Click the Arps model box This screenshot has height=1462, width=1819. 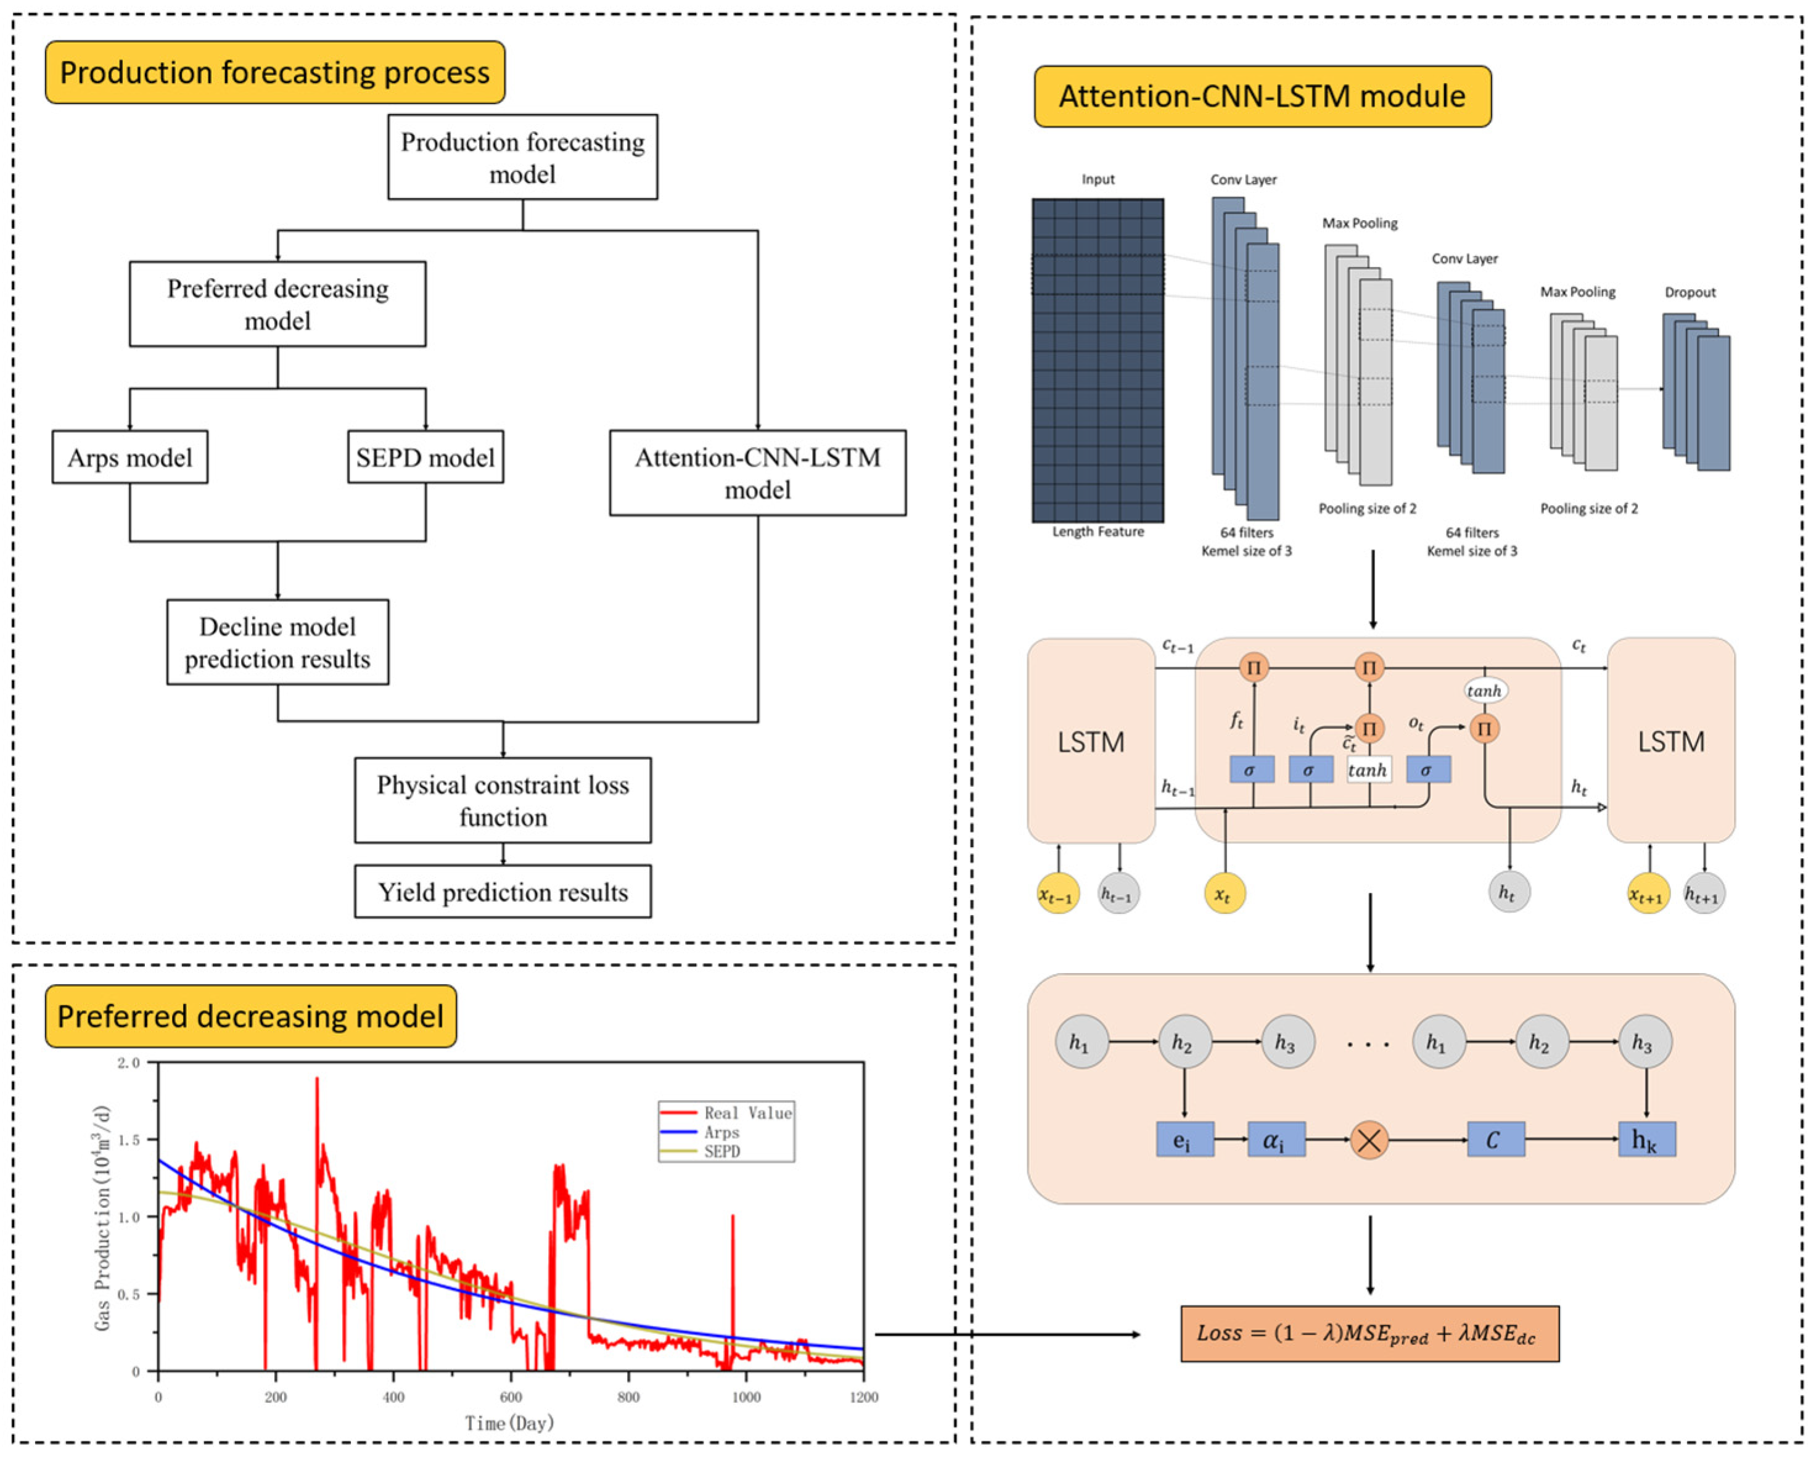click(x=130, y=458)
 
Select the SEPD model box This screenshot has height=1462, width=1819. click(x=425, y=458)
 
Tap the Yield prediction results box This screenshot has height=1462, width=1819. click(x=503, y=892)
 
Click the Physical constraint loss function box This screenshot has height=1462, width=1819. click(x=503, y=800)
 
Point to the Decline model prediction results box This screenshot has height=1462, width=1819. click(x=277, y=642)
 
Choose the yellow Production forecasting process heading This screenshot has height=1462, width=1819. click(x=275, y=73)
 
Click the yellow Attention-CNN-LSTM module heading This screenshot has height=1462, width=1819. click(x=1263, y=96)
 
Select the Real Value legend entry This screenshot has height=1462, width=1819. click(x=726, y=1113)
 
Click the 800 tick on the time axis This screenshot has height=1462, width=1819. click(x=628, y=1397)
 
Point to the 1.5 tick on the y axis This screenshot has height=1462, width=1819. click(x=129, y=1140)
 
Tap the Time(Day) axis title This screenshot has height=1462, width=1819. click(x=509, y=1424)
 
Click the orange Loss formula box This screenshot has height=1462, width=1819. click(x=1370, y=1334)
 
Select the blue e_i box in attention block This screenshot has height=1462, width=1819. click(x=1185, y=1139)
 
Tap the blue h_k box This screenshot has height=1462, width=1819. click(x=1647, y=1139)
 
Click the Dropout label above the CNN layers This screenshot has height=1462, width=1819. click(x=1690, y=292)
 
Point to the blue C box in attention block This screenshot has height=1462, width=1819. click(x=1496, y=1139)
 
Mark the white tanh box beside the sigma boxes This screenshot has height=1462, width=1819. click(x=1368, y=770)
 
